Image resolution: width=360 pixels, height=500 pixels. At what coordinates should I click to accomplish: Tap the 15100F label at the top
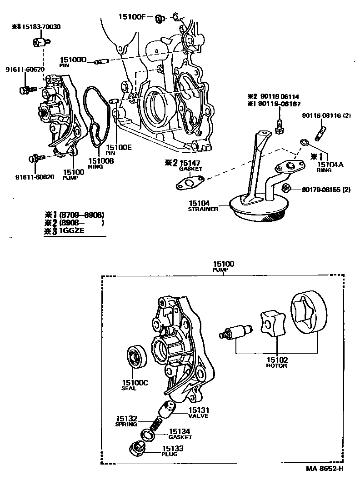tap(132, 17)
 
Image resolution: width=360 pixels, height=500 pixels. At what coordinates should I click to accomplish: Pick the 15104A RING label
tap(330, 165)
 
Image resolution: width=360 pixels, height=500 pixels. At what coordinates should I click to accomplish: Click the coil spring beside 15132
tap(155, 425)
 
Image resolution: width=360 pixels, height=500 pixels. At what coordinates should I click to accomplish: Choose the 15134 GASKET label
tap(180, 434)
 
